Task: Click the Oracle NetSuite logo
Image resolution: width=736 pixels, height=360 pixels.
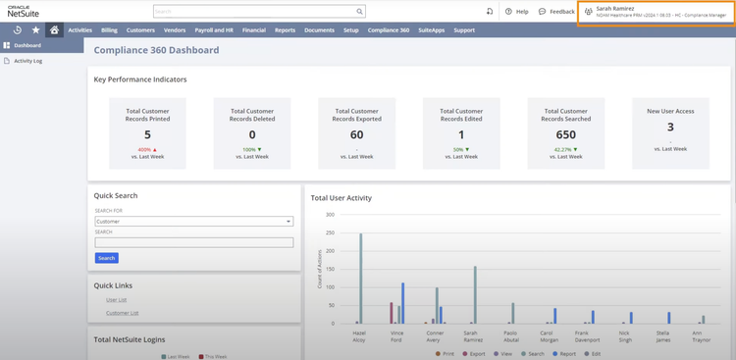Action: point(22,11)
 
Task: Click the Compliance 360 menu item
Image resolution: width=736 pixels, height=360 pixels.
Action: point(389,30)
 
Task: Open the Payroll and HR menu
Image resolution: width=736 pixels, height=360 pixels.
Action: point(214,30)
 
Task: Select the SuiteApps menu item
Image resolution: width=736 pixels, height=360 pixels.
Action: point(432,30)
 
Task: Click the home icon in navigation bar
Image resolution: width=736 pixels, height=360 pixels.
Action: point(54,30)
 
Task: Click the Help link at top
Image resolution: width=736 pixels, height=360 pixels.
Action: point(516,12)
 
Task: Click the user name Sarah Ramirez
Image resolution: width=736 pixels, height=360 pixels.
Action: point(615,8)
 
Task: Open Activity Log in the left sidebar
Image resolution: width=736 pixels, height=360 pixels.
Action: point(27,61)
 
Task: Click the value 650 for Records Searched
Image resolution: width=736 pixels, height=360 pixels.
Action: point(565,134)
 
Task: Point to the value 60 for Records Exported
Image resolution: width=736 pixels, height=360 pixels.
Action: point(356,134)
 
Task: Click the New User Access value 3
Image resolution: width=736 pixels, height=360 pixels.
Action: point(670,127)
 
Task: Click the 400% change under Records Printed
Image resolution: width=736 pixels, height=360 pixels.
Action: point(147,149)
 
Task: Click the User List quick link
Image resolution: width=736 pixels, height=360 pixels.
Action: point(116,299)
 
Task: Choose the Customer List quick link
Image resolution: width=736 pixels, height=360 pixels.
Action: point(122,313)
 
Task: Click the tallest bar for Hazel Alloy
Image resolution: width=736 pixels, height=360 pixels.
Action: point(360,279)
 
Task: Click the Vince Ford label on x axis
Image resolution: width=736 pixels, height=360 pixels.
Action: point(396,335)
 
